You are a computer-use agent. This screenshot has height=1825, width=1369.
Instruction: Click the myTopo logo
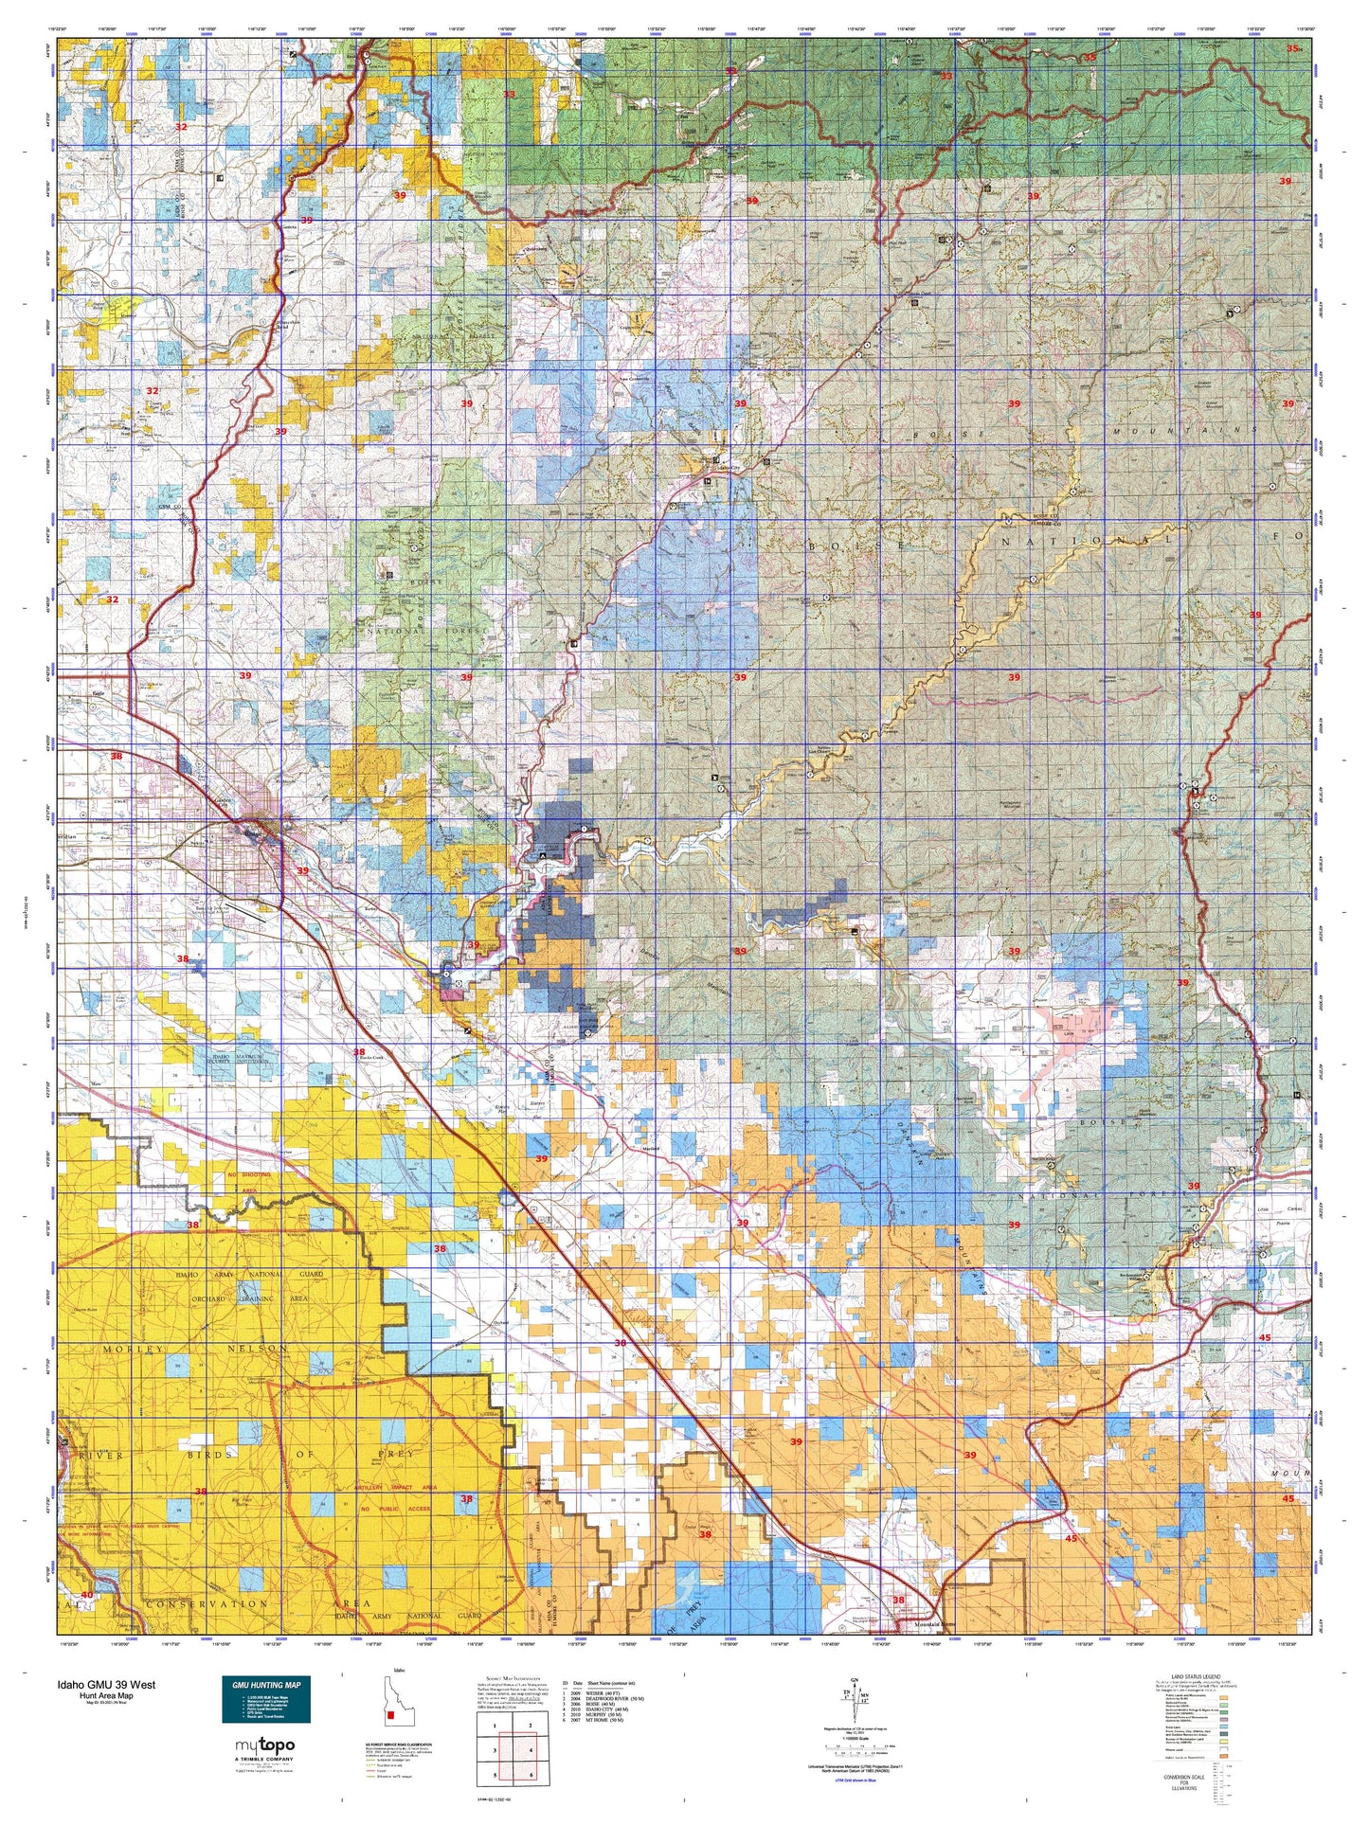[264, 1745]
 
